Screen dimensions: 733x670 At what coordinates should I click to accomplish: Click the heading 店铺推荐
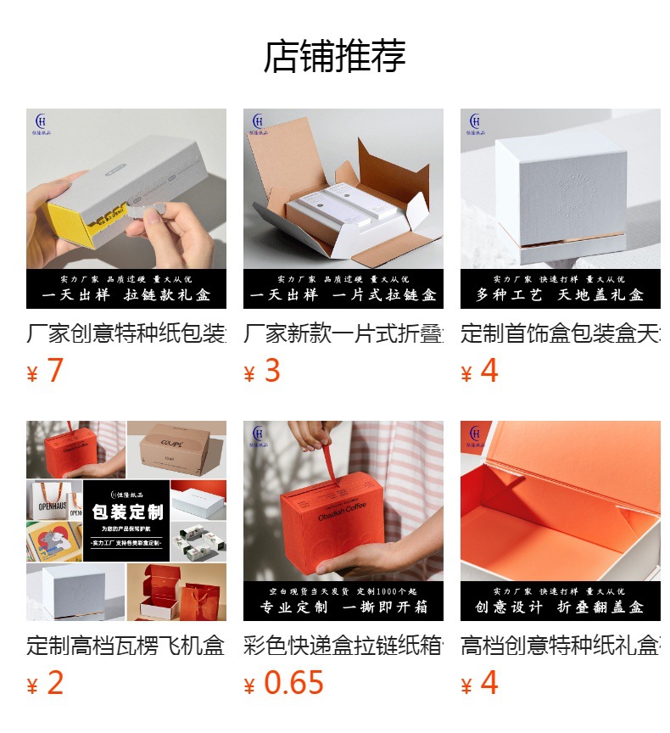pos(335,56)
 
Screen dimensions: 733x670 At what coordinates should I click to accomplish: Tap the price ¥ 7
pos(46,372)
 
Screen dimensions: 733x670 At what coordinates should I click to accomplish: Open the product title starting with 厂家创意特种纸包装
pos(126,333)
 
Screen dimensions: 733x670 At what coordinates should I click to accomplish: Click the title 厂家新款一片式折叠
pos(343,333)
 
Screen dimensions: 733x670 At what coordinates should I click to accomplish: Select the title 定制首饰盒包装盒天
pos(561,333)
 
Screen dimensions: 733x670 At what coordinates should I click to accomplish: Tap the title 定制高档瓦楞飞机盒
pos(126,646)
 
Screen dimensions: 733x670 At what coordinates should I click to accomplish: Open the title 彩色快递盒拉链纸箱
pos(343,646)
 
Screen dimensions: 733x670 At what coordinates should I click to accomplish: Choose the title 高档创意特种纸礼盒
pos(561,646)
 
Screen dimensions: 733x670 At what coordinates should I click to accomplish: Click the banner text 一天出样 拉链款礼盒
pos(126,295)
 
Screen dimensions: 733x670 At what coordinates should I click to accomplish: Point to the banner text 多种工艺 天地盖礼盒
pos(561,295)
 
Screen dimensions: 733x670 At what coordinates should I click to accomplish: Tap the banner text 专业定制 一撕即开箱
pos(343,607)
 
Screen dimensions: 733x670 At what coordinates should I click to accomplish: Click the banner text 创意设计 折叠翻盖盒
pos(561,607)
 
